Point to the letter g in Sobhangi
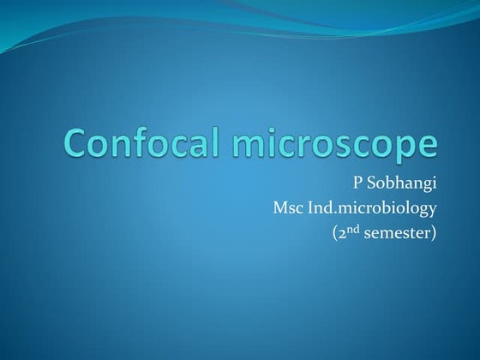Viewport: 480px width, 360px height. coord(425,187)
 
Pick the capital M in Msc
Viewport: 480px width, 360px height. coord(279,207)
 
